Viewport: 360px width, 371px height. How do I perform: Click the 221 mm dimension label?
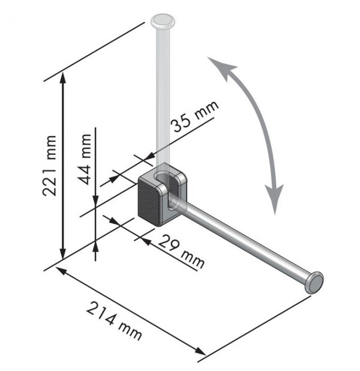click(x=49, y=165)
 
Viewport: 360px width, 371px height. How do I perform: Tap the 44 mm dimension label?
click(x=85, y=159)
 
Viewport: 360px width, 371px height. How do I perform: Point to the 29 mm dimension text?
click(x=181, y=252)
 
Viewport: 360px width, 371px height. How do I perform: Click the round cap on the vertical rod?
click(x=163, y=20)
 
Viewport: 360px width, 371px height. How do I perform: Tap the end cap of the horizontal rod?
click(x=314, y=282)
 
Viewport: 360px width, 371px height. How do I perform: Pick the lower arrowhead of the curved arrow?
click(x=275, y=198)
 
